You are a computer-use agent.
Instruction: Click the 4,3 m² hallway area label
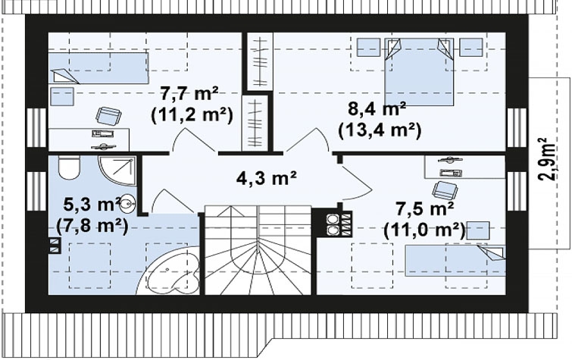pyautogui.click(x=266, y=179)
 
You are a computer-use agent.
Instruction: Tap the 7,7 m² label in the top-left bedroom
pyautogui.click(x=189, y=95)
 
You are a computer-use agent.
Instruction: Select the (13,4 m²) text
pyautogui.click(x=380, y=130)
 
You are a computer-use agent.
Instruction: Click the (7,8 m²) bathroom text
pyautogui.click(x=92, y=227)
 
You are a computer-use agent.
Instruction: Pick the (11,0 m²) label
pyautogui.click(x=425, y=230)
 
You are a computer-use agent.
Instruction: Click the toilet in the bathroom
pyautogui.click(x=69, y=167)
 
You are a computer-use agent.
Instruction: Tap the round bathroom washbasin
pyautogui.click(x=127, y=202)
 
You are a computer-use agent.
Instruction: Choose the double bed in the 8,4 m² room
pyautogui.click(x=419, y=71)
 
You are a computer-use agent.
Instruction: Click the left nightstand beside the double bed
pyautogui.click(x=368, y=48)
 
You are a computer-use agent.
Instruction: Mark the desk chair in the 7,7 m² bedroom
pyautogui.click(x=108, y=117)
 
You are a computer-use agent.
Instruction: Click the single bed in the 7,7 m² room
pyautogui.click(x=98, y=68)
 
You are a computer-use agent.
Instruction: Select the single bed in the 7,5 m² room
pyautogui.click(x=456, y=260)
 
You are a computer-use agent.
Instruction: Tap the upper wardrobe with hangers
pyautogui.click(x=260, y=61)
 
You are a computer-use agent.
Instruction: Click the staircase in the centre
pyautogui.click(x=258, y=250)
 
